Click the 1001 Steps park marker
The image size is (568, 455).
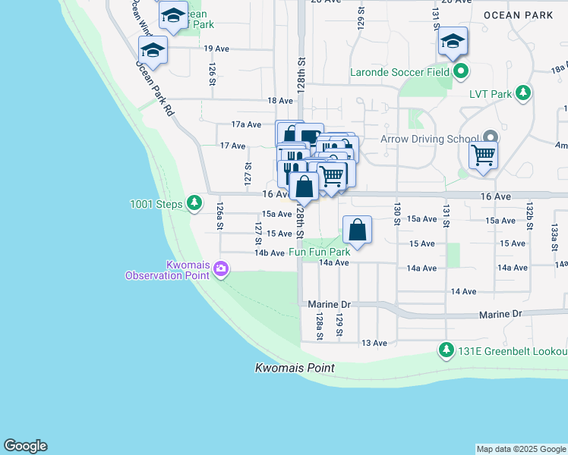(x=195, y=202)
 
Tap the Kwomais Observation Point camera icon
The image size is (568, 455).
(x=221, y=268)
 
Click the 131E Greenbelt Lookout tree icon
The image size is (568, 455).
(x=446, y=351)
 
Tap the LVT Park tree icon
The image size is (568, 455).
(x=522, y=93)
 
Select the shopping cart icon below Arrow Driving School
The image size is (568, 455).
(x=483, y=156)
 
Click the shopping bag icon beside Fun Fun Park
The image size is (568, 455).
(x=357, y=229)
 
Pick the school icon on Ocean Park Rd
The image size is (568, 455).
(x=153, y=50)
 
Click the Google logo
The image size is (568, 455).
(x=25, y=446)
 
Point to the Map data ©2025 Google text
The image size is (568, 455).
(x=520, y=449)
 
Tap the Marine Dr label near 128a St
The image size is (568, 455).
(x=328, y=304)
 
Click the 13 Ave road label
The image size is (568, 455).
(x=374, y=343)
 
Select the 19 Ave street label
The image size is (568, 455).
(x=216, y=49)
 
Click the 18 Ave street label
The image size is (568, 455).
(x=279, y=100)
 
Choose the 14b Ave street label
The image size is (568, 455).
(x=270, y=253)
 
